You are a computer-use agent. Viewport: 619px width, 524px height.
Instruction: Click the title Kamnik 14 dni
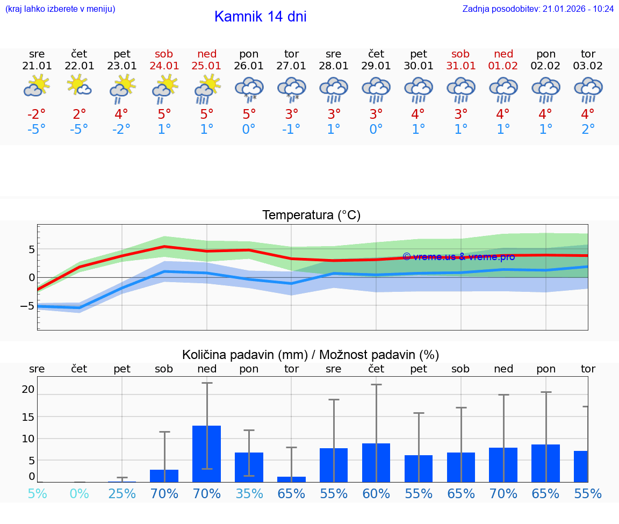tap(260, 17)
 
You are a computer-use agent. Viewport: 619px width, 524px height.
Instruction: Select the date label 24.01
tap(164, 66)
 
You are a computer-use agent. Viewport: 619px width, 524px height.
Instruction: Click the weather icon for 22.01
tap(79, 87)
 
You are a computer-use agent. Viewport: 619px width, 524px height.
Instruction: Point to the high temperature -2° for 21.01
tap(37, 114)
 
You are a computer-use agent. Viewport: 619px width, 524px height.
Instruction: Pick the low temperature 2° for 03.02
tap(588, 130)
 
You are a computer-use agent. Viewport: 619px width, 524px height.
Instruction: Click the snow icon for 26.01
tap(249, 89)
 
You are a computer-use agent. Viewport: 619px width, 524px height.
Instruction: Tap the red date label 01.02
tap(503, 66)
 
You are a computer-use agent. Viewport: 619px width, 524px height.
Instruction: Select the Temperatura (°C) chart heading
tap(311, 216)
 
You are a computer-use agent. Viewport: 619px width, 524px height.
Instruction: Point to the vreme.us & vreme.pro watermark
tap(458, 257)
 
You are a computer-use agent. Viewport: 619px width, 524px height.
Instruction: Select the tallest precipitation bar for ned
tap(207, 454)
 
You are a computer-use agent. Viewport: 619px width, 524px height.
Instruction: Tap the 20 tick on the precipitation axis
tap(28, 389)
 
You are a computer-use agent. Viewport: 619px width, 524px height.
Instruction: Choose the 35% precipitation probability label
tap(249, 493)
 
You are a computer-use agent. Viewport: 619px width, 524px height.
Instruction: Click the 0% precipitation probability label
tap(79, 493)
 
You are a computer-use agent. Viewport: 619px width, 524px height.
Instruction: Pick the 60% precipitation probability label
tap(376, 493)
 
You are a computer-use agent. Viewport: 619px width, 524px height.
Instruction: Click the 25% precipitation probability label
tap(122, 493)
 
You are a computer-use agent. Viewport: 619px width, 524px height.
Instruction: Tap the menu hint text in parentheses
tap(60, 9)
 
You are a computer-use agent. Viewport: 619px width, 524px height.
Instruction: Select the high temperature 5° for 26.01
tap(249, 114)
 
